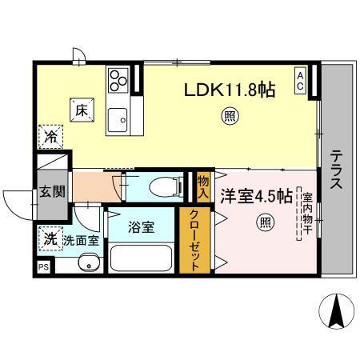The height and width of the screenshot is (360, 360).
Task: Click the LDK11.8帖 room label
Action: [x=232, y=90]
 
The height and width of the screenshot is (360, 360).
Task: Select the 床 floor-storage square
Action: [x=82, y=111]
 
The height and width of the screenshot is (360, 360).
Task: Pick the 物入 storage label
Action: [x=203, y=186]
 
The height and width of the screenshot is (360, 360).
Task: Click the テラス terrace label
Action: [x=335, y=170]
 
